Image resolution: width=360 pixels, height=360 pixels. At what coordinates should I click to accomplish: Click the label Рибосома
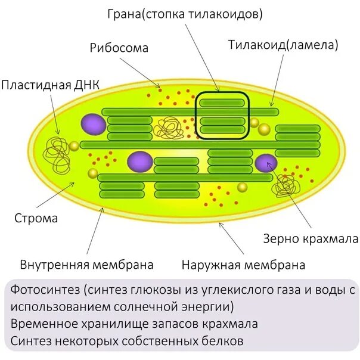click(x=119, y=48)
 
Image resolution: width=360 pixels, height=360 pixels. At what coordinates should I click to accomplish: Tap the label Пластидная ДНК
click(x=50, y=85)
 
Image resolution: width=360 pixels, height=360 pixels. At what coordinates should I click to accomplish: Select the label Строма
click(x=36, y=218)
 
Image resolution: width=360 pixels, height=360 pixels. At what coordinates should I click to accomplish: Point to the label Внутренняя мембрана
click(x=87, y=264)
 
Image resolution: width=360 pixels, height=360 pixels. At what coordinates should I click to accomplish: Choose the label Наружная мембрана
click(x=244, y=265)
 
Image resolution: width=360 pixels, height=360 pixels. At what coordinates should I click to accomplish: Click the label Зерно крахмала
click(x=311, y=239)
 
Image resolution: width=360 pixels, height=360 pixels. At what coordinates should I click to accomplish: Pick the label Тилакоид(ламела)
click(x=284, y=45)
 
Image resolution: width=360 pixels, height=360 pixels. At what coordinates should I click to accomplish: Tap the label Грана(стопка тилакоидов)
click(x=185, y=13)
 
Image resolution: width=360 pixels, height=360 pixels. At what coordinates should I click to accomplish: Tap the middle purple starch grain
click(x=140, y=161)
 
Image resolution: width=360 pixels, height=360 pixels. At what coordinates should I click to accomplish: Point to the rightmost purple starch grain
click(x=266, y=163)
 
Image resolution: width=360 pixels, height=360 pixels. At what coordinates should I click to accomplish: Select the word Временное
click(x=44, y=324)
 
